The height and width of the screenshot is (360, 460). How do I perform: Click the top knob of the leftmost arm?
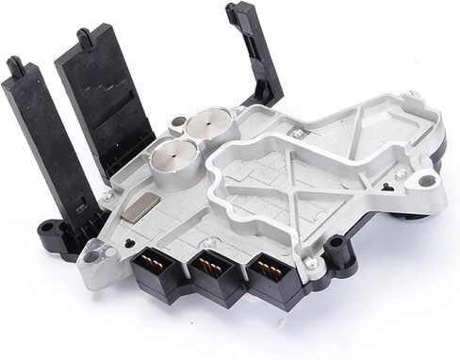pyautogui.click(x=14, y=65)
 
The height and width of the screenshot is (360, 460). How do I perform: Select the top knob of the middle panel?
pyautogui.click(x=86, y=37)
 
